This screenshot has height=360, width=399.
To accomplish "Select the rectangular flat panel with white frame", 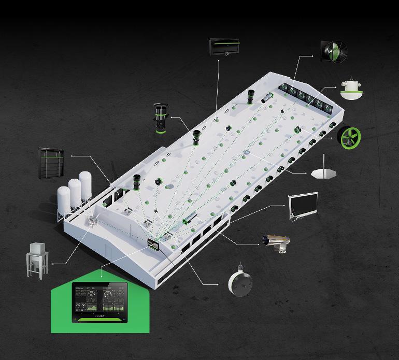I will pyautogui.click(x=303, y=205).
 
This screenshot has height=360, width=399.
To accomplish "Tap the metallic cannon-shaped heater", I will pyautogui.click(x=276, y=241).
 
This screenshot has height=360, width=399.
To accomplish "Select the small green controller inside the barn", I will pyautogui.click(x=154, y=244).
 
